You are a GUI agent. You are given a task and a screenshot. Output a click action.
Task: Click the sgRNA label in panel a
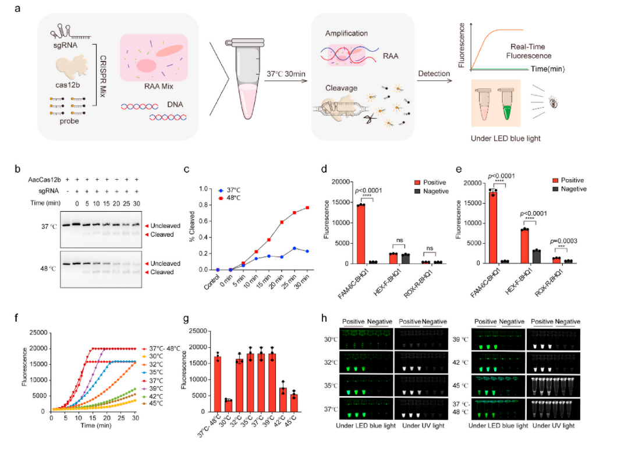65,45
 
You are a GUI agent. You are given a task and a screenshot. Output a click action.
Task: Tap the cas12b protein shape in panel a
71,66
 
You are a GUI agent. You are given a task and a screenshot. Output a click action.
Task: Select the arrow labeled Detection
434,81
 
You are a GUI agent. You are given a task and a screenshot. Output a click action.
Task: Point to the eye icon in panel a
553,103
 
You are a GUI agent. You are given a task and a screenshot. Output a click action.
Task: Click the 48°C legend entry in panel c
229,198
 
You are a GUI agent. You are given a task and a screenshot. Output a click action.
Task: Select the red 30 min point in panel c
307,208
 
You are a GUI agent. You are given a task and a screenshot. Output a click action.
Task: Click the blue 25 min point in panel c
294,248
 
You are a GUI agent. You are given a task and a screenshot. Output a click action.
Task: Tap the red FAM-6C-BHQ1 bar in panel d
360,234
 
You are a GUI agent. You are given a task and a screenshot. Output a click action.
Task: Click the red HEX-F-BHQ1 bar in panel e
524,246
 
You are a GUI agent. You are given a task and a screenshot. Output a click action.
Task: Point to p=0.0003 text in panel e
563,241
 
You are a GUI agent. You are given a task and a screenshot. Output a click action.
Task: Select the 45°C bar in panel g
293,402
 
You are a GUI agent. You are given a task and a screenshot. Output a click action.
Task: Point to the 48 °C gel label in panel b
48,269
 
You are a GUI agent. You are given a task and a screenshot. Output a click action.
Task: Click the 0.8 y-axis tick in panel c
203,205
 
